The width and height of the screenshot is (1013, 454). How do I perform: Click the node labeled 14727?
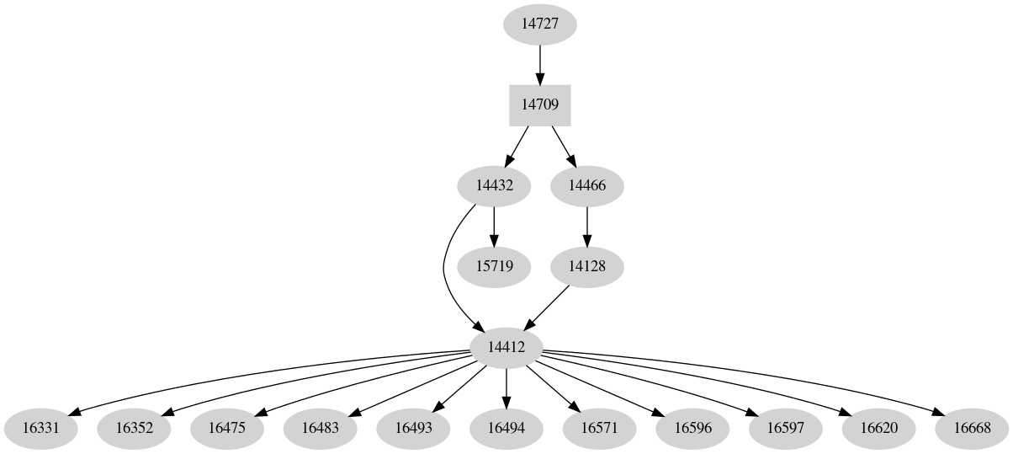click(539, 24)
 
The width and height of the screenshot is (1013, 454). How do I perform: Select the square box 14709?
click(539, 105)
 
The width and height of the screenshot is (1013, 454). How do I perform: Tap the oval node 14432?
click(493, 185)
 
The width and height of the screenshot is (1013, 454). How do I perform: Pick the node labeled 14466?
click(586, 185)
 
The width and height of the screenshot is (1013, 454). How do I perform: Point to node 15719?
click(493, 266)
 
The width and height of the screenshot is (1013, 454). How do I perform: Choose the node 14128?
click(586, 266)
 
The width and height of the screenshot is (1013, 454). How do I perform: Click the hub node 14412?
click(506, 347)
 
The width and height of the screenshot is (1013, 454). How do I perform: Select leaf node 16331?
click(40, 428)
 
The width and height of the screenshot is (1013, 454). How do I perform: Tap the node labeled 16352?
click(134, 428)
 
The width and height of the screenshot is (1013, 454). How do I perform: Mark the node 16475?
click(226, 428)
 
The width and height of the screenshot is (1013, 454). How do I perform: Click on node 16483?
click(320, 428)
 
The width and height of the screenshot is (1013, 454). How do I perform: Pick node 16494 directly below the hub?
click(506, 428)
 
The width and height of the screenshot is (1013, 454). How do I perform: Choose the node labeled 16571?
click(599, 428)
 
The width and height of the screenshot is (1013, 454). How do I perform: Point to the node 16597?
click(785, 428)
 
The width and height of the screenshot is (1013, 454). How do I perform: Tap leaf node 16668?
click(972, 428)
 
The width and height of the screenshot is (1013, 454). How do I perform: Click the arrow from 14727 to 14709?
click(539, 64)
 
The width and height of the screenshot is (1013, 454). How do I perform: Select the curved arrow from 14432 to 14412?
click(445, 270)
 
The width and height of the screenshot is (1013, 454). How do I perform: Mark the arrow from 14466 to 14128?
click(586, 226)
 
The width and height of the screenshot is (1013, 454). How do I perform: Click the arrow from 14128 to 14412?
click(548, 307)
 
